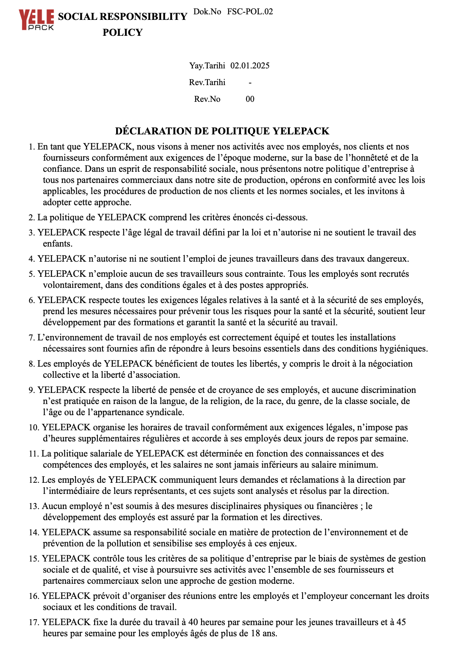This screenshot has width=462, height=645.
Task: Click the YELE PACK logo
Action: [36, 19]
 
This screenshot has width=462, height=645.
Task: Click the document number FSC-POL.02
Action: [250, 12]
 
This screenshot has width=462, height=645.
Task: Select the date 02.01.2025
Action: [250, 66]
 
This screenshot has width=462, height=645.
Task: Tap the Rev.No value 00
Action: [250, 99]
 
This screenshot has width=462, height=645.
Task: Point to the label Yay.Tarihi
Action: [207, 66]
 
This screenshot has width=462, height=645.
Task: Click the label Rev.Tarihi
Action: [207, 82]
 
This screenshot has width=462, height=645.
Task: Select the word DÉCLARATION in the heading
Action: [153, 131]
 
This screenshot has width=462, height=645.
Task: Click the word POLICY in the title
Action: [122, 33]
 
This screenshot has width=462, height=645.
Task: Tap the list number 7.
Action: [31, 338]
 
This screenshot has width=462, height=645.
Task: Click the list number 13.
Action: [33, 506]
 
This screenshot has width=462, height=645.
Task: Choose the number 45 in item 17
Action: [401, 622]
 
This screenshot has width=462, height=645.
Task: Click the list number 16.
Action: [33, 596]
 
